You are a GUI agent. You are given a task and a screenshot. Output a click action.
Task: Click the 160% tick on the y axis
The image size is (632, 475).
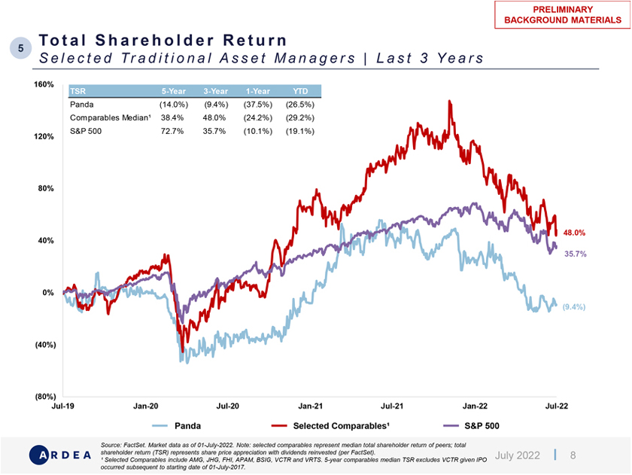coord(43,85)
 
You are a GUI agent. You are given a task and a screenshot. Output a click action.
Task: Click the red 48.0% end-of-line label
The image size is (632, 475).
coord(574,233)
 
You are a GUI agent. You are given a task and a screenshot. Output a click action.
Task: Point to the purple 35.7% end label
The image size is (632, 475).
coord(575,254)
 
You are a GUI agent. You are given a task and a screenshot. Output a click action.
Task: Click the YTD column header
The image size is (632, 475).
coord(299,91)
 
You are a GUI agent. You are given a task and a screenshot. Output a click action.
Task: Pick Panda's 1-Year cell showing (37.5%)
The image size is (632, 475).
coord(258,105)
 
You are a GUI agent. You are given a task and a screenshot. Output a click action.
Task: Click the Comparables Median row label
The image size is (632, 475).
coord(100,118)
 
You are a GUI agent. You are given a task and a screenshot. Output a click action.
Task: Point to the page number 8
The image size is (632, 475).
coord(573,455)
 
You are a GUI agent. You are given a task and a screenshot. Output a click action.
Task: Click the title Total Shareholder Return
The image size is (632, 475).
coord(163,40)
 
